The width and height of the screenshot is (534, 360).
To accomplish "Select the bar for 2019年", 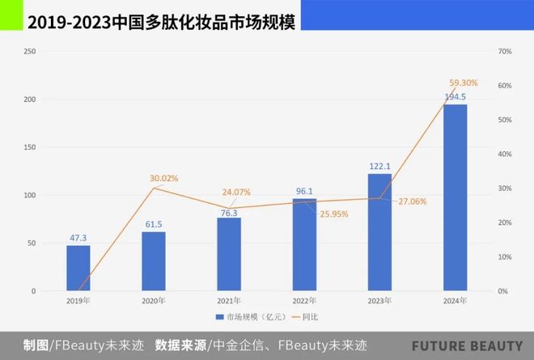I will [78, 268].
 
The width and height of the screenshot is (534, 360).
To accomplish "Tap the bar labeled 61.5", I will [154, 261].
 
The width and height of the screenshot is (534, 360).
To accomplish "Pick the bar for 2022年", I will [304, 244].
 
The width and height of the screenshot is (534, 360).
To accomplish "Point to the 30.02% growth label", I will [163, 178].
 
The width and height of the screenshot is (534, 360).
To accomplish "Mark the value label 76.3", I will [229, 213].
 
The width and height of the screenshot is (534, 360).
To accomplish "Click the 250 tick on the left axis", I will [30, 52].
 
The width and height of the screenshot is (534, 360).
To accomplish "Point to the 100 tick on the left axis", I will [30, 196].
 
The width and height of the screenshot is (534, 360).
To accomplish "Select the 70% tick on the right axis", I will [502, 52].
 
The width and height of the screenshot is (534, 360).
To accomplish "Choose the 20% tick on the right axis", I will [502, 222].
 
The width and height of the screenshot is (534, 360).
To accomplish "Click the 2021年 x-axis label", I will [229, 301].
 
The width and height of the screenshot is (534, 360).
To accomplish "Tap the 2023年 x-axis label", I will [379, 301].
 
